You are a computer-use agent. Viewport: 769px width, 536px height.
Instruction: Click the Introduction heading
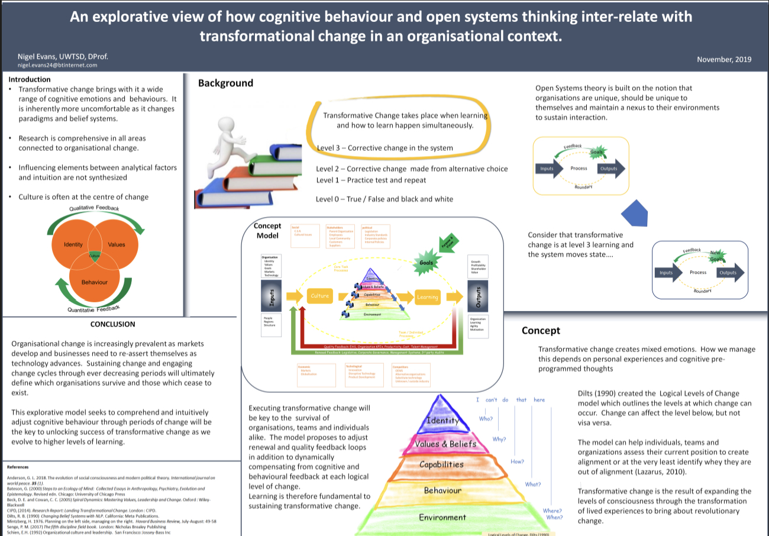[x=30, y=79]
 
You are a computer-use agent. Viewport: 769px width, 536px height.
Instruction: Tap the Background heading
[x=225, y=83]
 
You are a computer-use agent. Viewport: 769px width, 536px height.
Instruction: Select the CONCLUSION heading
[x=112, y=324]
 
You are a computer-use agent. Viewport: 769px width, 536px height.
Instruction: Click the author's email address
[x=57, y=65]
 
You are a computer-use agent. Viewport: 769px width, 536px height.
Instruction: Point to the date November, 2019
[x=724, y=59]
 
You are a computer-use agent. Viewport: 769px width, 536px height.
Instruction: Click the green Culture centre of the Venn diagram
[x=95, y=255]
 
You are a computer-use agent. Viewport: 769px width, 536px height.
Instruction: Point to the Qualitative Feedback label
[x=94, y=209]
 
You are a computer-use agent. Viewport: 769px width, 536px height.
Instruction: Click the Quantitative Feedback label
[x=94, y=308]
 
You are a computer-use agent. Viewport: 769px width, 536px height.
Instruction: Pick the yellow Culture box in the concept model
[x=319, y=296]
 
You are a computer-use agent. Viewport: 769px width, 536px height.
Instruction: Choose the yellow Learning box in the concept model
[x=427, y=297]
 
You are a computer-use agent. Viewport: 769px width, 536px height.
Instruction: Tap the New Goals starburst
[x=718, y=256]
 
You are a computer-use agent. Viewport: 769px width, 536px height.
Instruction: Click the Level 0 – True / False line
[x=384, y=199]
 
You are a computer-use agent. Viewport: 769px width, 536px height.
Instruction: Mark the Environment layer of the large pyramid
[x=442, y=517]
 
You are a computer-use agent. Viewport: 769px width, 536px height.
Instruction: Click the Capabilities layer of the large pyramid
[x=441, y=464]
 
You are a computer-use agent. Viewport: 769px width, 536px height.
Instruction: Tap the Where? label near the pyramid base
[x=552, y=510]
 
